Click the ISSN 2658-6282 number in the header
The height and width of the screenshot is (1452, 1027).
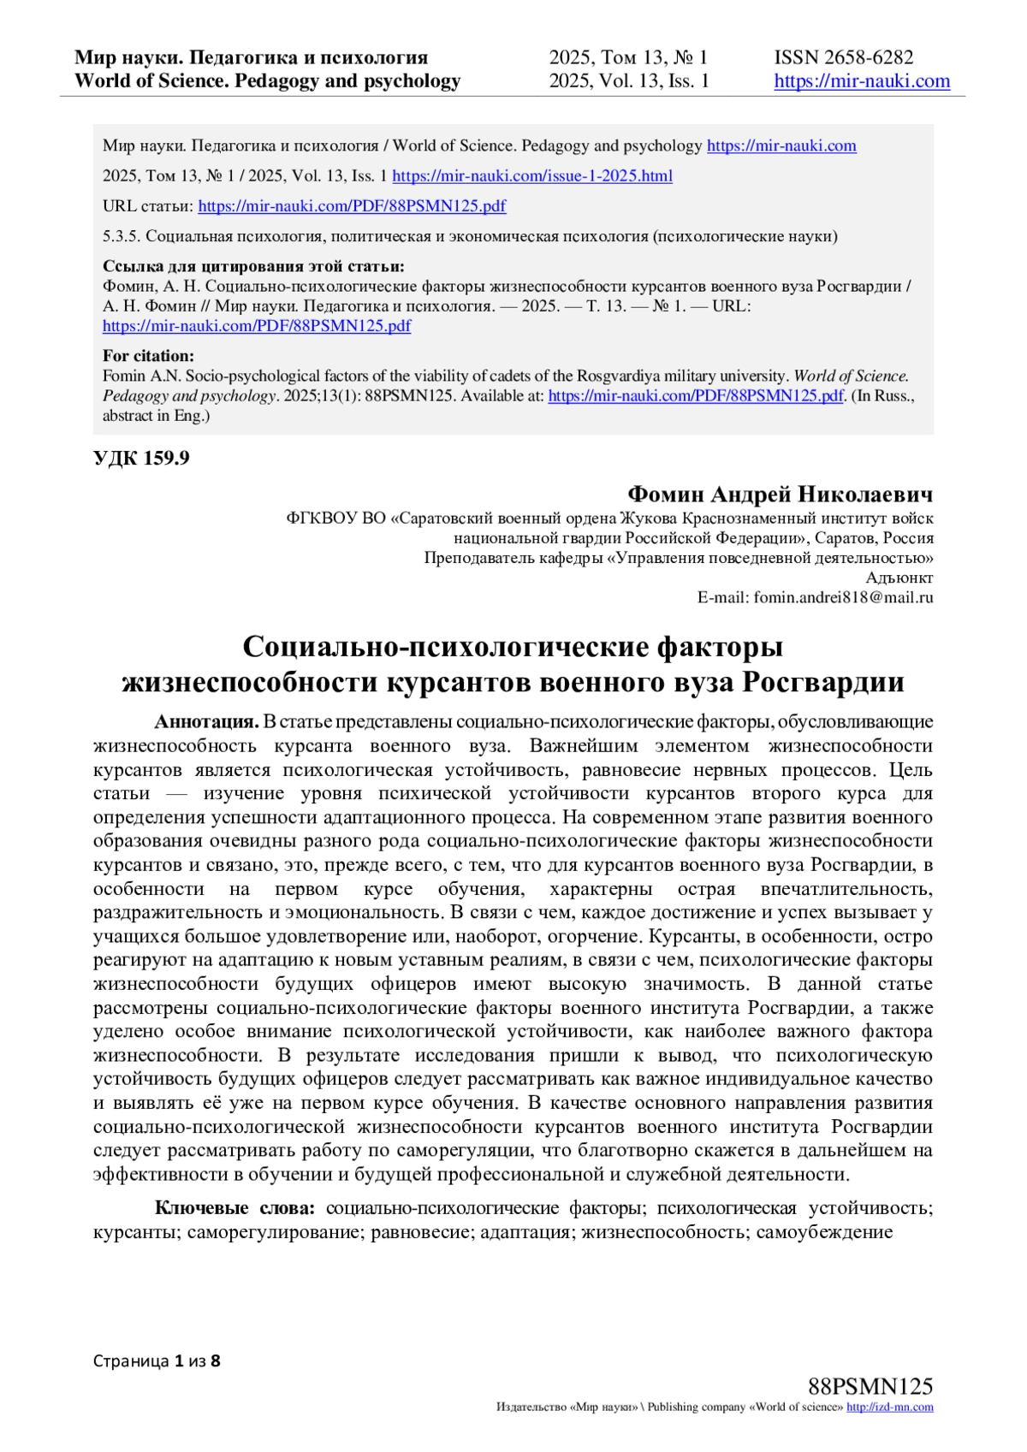(843, 57)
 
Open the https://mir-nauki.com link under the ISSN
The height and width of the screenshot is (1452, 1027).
(862, 81)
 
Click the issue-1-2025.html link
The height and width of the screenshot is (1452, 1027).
(531, 176)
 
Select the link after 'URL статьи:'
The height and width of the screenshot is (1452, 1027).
(352, 206)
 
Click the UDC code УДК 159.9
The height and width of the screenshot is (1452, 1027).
(141, 459)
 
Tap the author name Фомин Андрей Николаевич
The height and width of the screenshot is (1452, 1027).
(780, 495)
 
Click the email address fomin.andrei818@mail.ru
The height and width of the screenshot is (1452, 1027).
(842, 598)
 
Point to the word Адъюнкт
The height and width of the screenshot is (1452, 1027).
(899, 578)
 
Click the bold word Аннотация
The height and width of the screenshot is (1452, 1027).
(206, 722)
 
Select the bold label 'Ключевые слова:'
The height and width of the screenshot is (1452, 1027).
(234, 1208)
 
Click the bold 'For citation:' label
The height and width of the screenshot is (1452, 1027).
(148, 356)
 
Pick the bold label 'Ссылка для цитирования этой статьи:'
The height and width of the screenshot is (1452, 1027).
(253, 266)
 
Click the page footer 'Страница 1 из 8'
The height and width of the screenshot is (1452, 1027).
(157, 1360)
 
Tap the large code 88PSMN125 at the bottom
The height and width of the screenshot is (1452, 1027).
(870, 1387)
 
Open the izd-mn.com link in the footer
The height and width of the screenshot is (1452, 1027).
(889, 1408)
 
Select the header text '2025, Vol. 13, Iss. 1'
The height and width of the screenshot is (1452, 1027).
(629, 81)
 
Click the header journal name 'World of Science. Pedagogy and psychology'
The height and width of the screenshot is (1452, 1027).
(267, 81)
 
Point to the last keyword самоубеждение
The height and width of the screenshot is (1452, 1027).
(824, 1232)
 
